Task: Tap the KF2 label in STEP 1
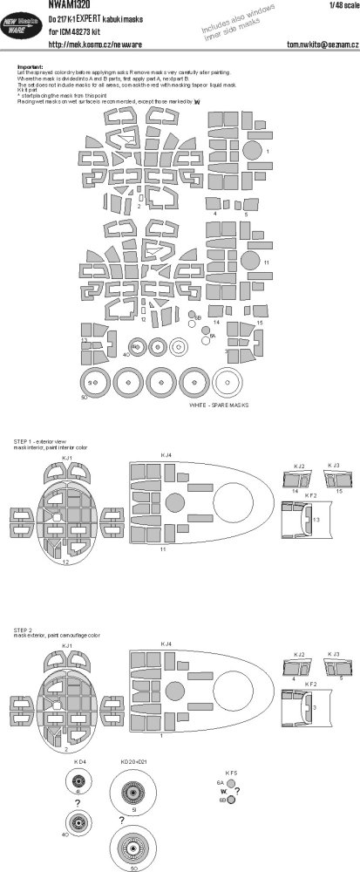click(x=309, y=495)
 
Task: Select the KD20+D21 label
click(x=135, y=760)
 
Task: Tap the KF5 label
click(x=232, y=773)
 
